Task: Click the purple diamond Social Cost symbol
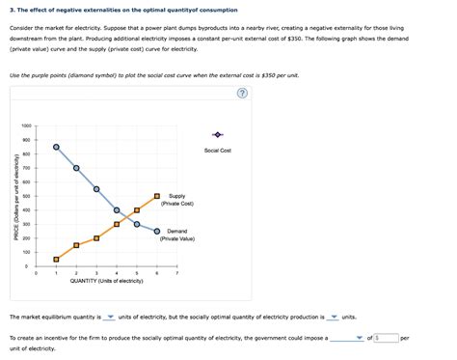point(218,134)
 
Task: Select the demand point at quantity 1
point(56,147)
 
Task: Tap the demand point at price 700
point(76,168)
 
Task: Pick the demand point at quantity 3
point(96,189)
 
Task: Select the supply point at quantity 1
point(56,259)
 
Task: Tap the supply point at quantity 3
point(96,237)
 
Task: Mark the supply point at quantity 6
point(157,196)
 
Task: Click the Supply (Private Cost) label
point(177,200)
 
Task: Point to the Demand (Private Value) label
point(177,235)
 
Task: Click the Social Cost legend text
point(218,151)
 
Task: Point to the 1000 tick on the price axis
point(25,126)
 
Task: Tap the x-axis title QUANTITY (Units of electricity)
point(106,281)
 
